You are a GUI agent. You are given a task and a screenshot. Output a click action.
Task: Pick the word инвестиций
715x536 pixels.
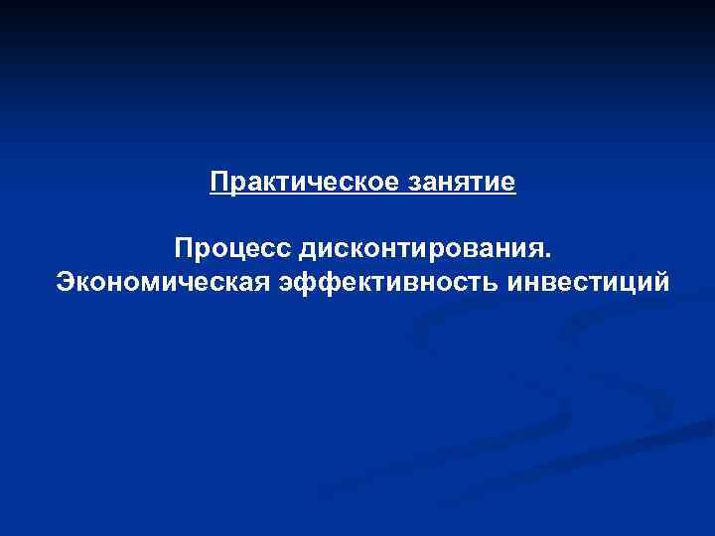[x=588, y=284]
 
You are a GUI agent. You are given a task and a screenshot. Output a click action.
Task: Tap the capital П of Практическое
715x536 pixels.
[x=218, y=184]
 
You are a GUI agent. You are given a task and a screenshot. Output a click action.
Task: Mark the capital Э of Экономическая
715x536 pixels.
[x=66, y=284]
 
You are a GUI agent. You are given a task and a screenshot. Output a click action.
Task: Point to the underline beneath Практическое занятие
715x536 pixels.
[x=362, y=196]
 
